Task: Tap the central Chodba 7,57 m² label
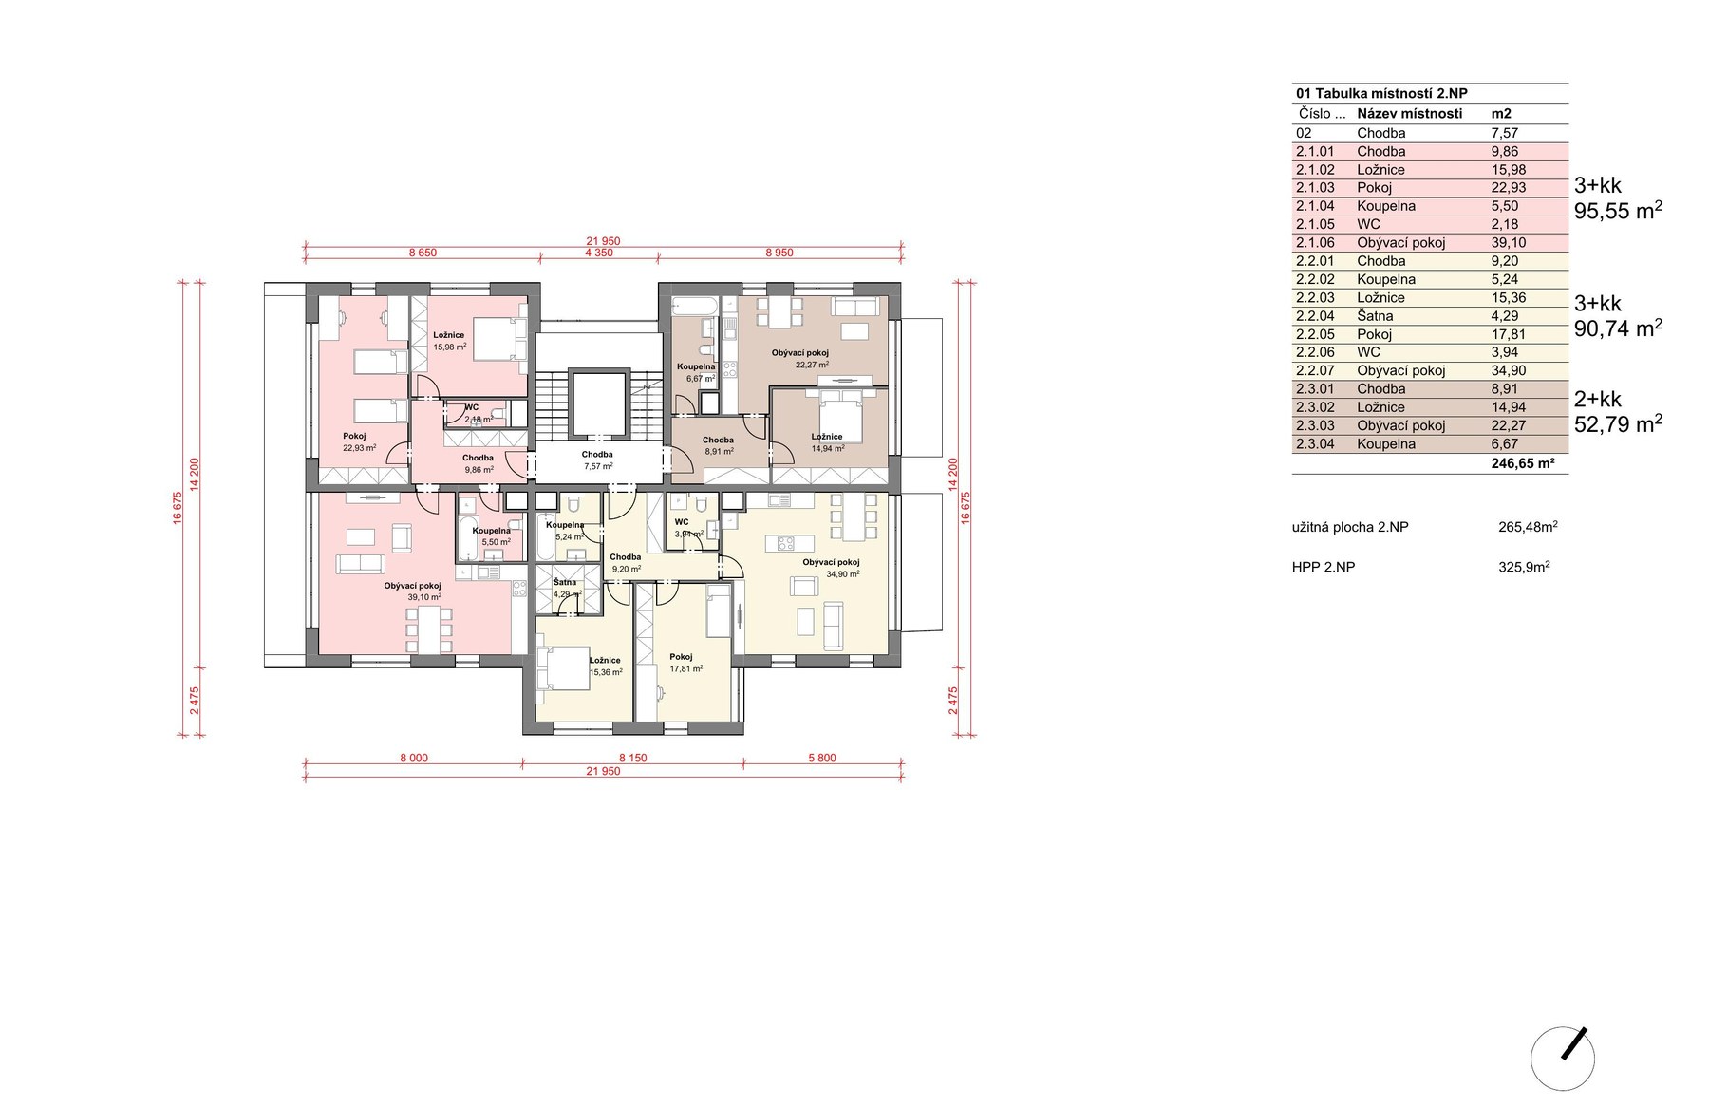[x=597, y=460]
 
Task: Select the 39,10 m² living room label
[x=412, y=591]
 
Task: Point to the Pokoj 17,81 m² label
[x=685, y=663]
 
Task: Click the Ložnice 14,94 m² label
[x=827, y=442]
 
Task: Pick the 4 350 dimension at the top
[x=598, y=253]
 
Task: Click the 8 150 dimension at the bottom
[x=632, y=759]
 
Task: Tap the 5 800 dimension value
[x=822, y=759]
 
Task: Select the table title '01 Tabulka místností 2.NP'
[x=1381, y=93]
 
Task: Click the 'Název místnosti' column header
[x=1409, y=114]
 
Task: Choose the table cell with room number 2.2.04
[x=1315, y=316]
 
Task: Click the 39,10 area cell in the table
[x=1509, y=243]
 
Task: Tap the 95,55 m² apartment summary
[x=1618, y=211]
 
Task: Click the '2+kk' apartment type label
[x=1598, y=400]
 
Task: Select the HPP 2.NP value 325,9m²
[x=1524, y=567]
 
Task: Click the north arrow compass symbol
[x=1563, y=1058]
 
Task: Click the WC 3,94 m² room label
[x=688, y=528]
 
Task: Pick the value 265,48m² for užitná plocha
[x=1528, y=527]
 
